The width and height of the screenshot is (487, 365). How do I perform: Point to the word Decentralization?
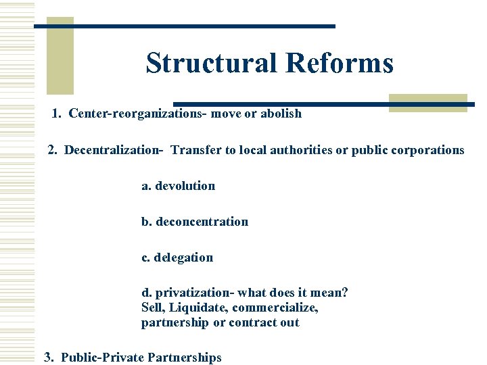(114, 150)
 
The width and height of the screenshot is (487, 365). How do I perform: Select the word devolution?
(185, 186)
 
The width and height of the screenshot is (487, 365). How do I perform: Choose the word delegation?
(183, 258)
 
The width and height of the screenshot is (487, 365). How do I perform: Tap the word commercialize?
(274, 308)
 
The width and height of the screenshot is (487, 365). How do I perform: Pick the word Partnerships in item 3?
(185, 358)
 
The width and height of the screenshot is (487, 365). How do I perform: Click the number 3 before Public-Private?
(48, 358)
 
